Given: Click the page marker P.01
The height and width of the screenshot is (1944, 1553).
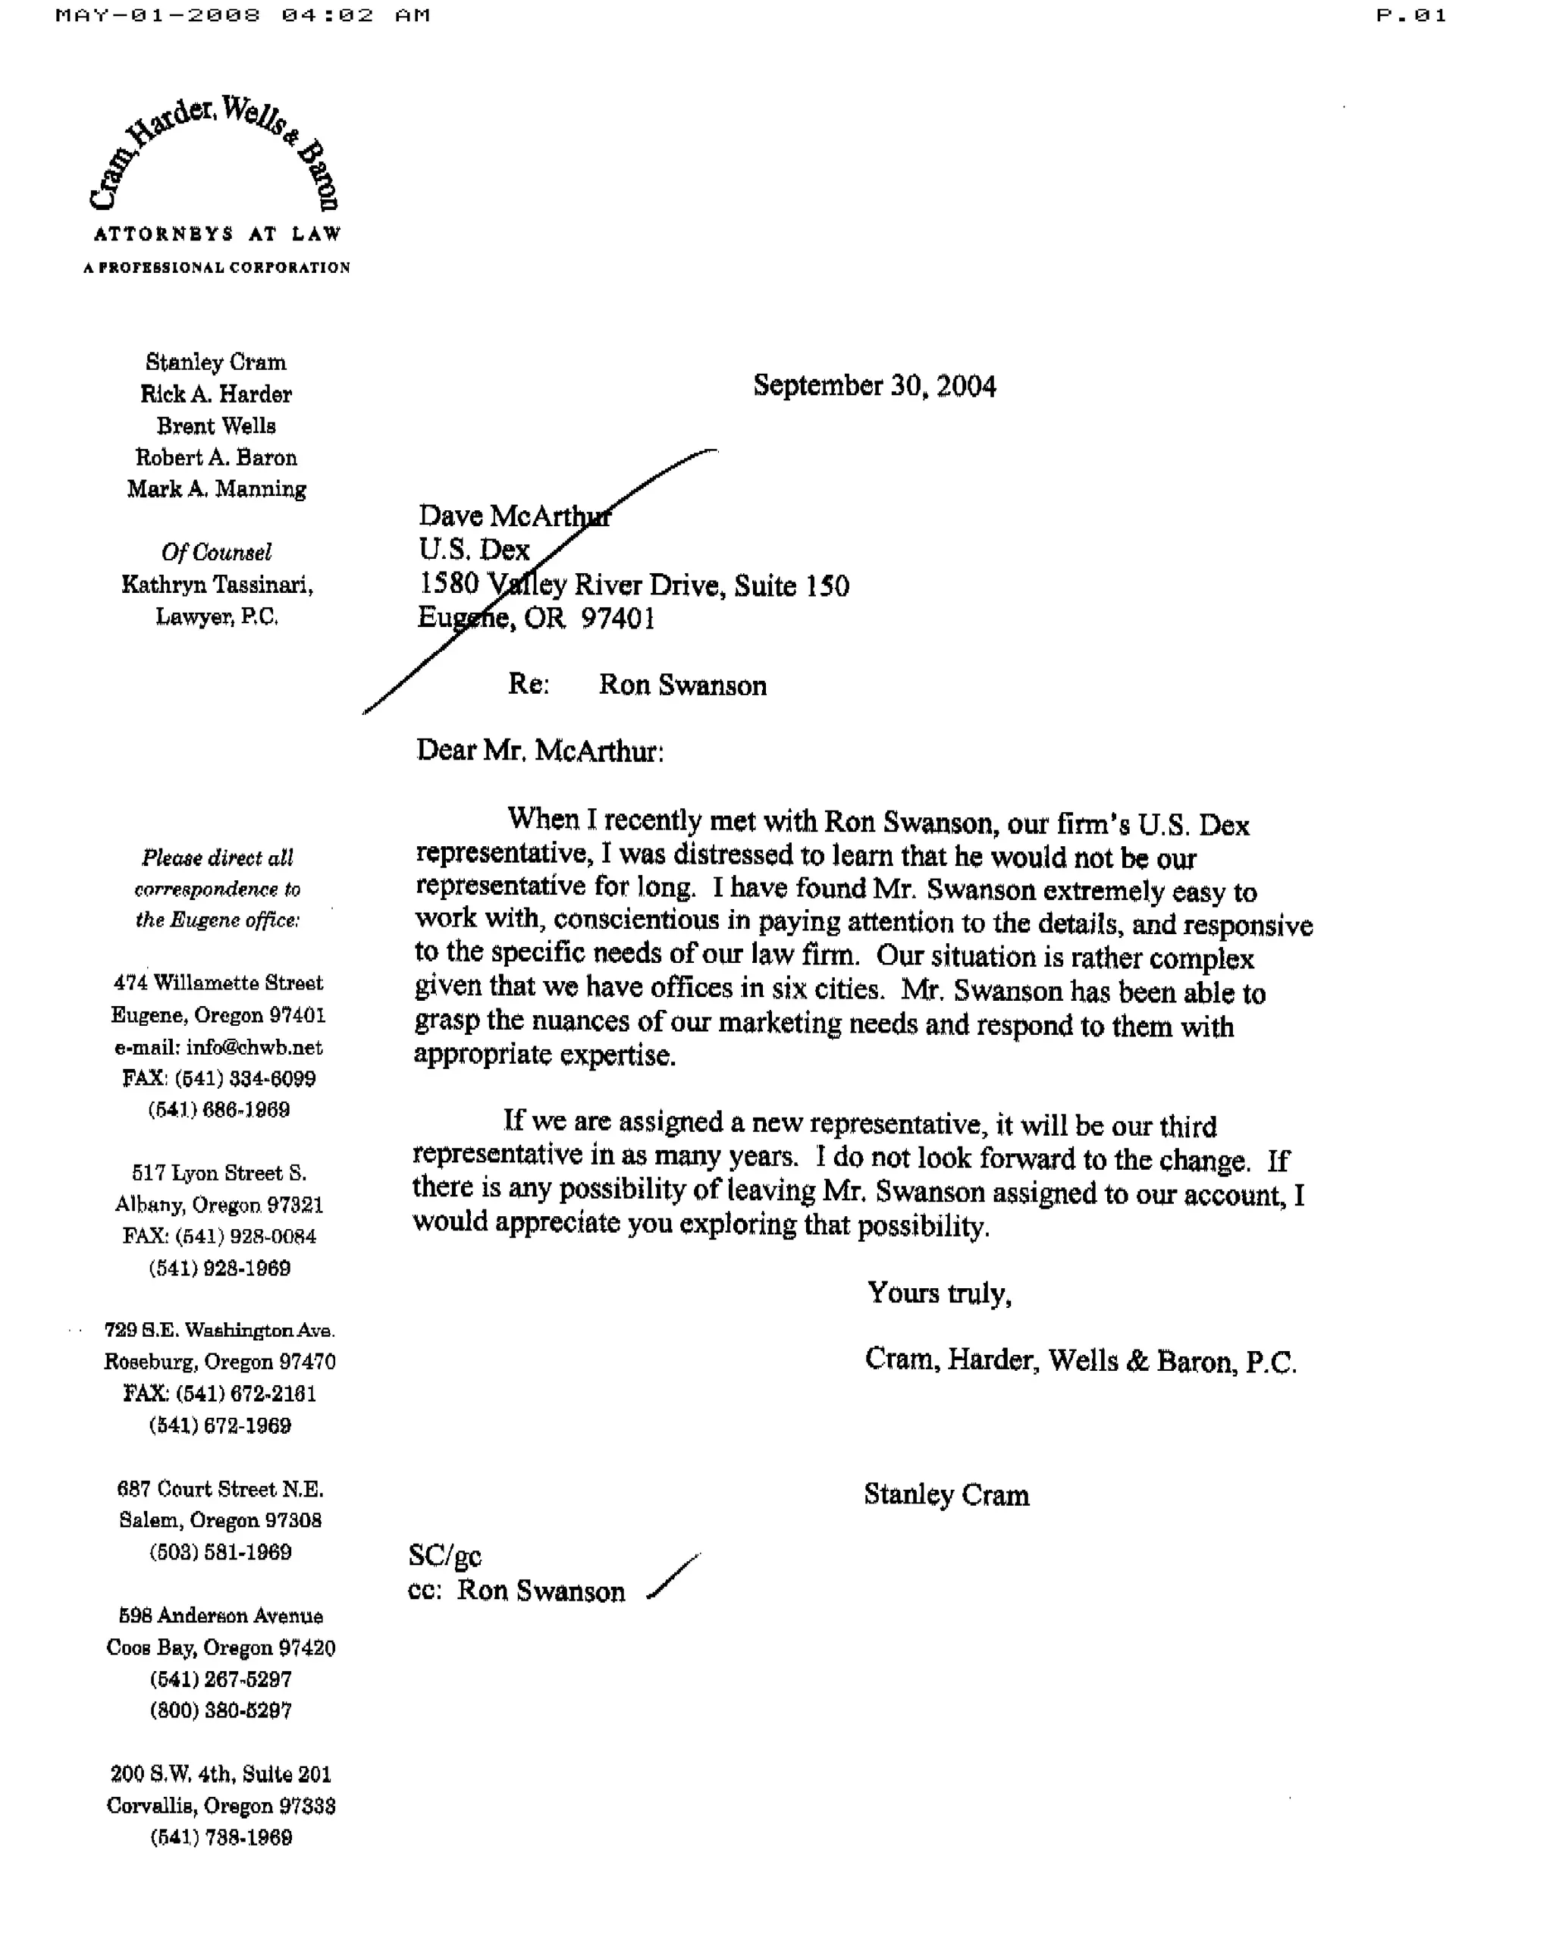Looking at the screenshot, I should tap(1410, 15).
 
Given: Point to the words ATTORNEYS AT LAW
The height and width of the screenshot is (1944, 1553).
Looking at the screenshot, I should tap(218, 234).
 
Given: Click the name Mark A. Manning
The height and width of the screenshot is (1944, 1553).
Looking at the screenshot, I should tap(216, 489).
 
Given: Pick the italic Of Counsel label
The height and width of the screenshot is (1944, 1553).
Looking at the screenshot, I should tap(216, 552).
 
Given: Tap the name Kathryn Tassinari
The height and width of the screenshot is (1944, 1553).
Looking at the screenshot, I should tap(216, 585).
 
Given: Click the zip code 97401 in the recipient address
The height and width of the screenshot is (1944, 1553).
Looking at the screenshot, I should tap(618, 619).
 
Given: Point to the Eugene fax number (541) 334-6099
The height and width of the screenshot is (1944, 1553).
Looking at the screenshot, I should tap(244, 1078).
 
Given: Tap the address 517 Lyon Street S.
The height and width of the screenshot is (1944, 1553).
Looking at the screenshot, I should tap(219, 1173).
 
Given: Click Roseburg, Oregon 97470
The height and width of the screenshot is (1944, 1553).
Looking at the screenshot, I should tap(219, 1362).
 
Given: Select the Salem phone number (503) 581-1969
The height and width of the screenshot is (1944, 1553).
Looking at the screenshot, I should tap(220, 1552).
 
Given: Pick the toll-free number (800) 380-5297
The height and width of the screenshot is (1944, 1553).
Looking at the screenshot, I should tap(220, 1710).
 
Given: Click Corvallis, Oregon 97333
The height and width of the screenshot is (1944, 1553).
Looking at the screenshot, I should tap(220, 1806).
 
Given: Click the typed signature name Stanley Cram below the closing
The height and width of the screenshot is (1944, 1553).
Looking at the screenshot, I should tap(946, 1495).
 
